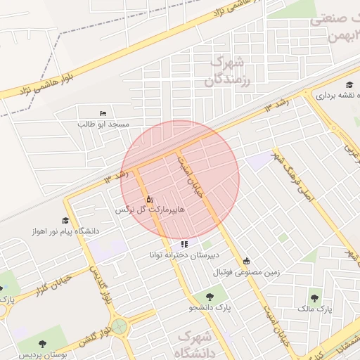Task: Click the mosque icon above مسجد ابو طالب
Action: pos(103,114)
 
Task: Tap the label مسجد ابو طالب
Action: pos(104,124)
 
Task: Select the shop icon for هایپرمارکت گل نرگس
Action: pos(149,200)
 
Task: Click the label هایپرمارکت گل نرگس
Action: pos(150,210)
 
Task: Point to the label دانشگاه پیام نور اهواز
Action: pos(65,231)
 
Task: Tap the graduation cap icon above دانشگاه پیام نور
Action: pos(65,221)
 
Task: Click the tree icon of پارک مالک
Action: pos(314,298)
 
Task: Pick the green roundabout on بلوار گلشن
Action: pos(120,326)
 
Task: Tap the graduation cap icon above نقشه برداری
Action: pos(320,94)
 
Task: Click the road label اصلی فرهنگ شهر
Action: pos(288,172)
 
